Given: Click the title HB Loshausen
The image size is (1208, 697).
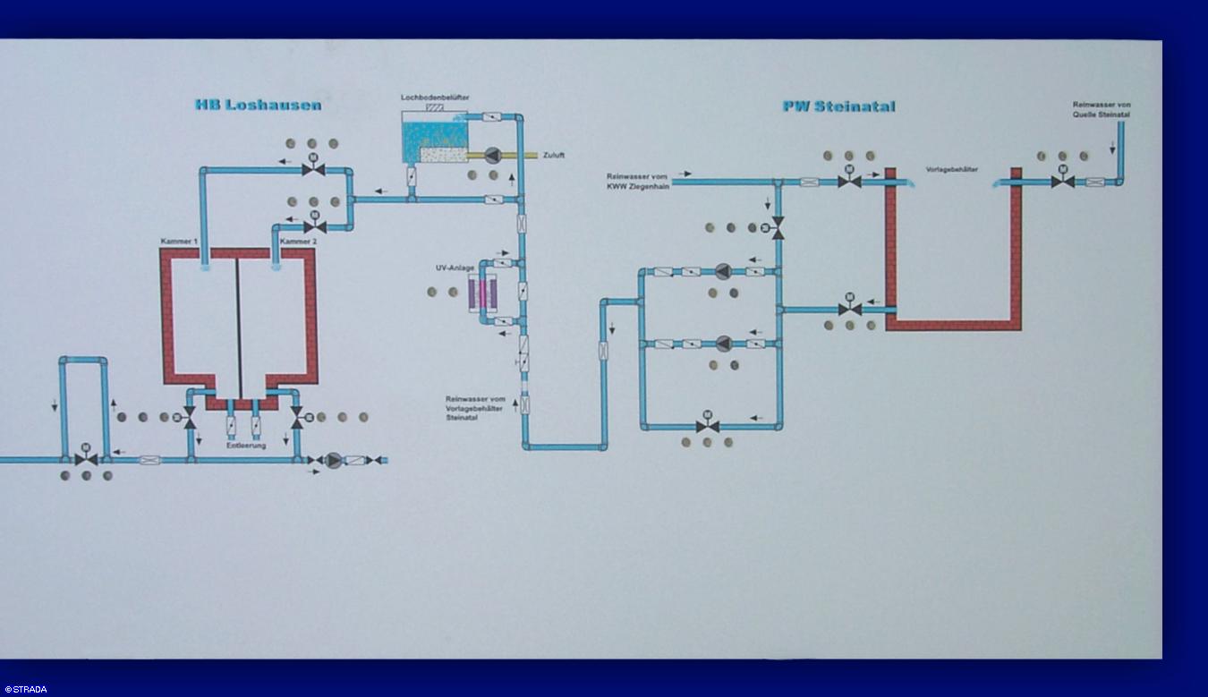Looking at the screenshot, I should (x=258, y=105).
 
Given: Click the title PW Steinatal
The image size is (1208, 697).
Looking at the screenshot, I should (x=838, y=106).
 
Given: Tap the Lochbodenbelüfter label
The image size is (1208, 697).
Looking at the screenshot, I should (x=435, y=97).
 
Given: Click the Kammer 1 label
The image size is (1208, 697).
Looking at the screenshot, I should (x=179, y=242).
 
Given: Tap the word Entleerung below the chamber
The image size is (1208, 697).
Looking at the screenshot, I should (x=245, y=445).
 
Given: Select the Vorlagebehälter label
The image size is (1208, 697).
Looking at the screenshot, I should (x=951, y=169).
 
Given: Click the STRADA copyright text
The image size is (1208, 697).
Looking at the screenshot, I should (x=25, y=690).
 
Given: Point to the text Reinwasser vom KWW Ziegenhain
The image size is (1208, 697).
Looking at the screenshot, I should (x=638, y=182).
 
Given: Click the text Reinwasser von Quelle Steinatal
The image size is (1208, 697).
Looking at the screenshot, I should (x=1102, y=109).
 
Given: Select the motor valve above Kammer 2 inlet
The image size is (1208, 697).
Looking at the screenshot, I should (x=315, y=225).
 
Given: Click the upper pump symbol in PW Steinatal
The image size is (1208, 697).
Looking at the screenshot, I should (x=723, y=271).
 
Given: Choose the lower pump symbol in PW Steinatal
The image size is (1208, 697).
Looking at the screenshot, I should (x=723, y=344).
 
